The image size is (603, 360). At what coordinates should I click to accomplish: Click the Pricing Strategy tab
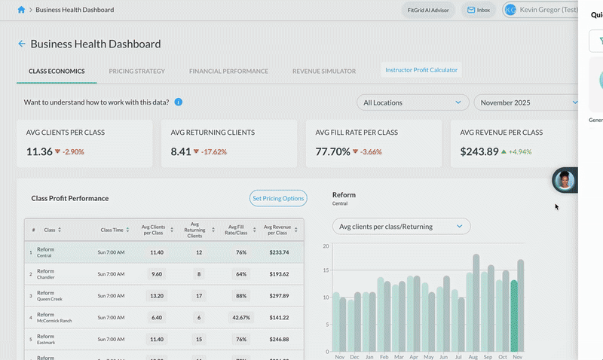[x=136, y=71]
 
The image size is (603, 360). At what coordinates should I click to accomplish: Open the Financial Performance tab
[x=228, y=71]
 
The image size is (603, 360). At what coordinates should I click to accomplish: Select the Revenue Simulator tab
[x=324, y=71]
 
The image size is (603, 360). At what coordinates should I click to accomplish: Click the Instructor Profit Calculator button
[x=421, y=70]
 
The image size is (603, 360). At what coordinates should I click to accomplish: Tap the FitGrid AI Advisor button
[x=428, y=11]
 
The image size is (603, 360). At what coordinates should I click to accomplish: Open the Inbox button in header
[x=478, y=11]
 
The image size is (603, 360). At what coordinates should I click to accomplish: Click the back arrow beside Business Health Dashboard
[x=22, y=44]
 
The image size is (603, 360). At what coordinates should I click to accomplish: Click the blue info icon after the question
[x=179, y=102]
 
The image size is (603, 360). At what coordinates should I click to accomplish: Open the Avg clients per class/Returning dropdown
[x=401, y=226]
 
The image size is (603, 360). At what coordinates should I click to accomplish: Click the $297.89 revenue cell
[x=279, y=296]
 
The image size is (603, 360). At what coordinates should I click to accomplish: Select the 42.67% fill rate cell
[x=241, y=318]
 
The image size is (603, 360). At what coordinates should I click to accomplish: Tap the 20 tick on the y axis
[x=326, y=246]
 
